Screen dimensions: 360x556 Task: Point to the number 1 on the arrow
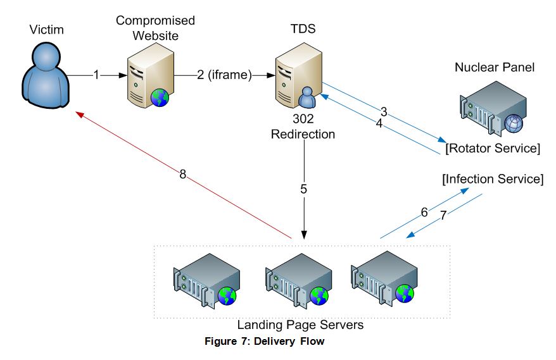(x=96, y=75)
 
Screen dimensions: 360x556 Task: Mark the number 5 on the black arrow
(x=303, y=188)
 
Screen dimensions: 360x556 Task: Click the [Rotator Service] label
(x=492, y=149)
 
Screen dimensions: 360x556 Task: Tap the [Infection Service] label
(x=492, y=179)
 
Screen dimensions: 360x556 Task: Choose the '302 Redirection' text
(x=303, y=127)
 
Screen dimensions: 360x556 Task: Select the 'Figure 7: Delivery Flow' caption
(x=264, y=342)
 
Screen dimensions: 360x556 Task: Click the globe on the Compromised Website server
(x=160, y=98)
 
